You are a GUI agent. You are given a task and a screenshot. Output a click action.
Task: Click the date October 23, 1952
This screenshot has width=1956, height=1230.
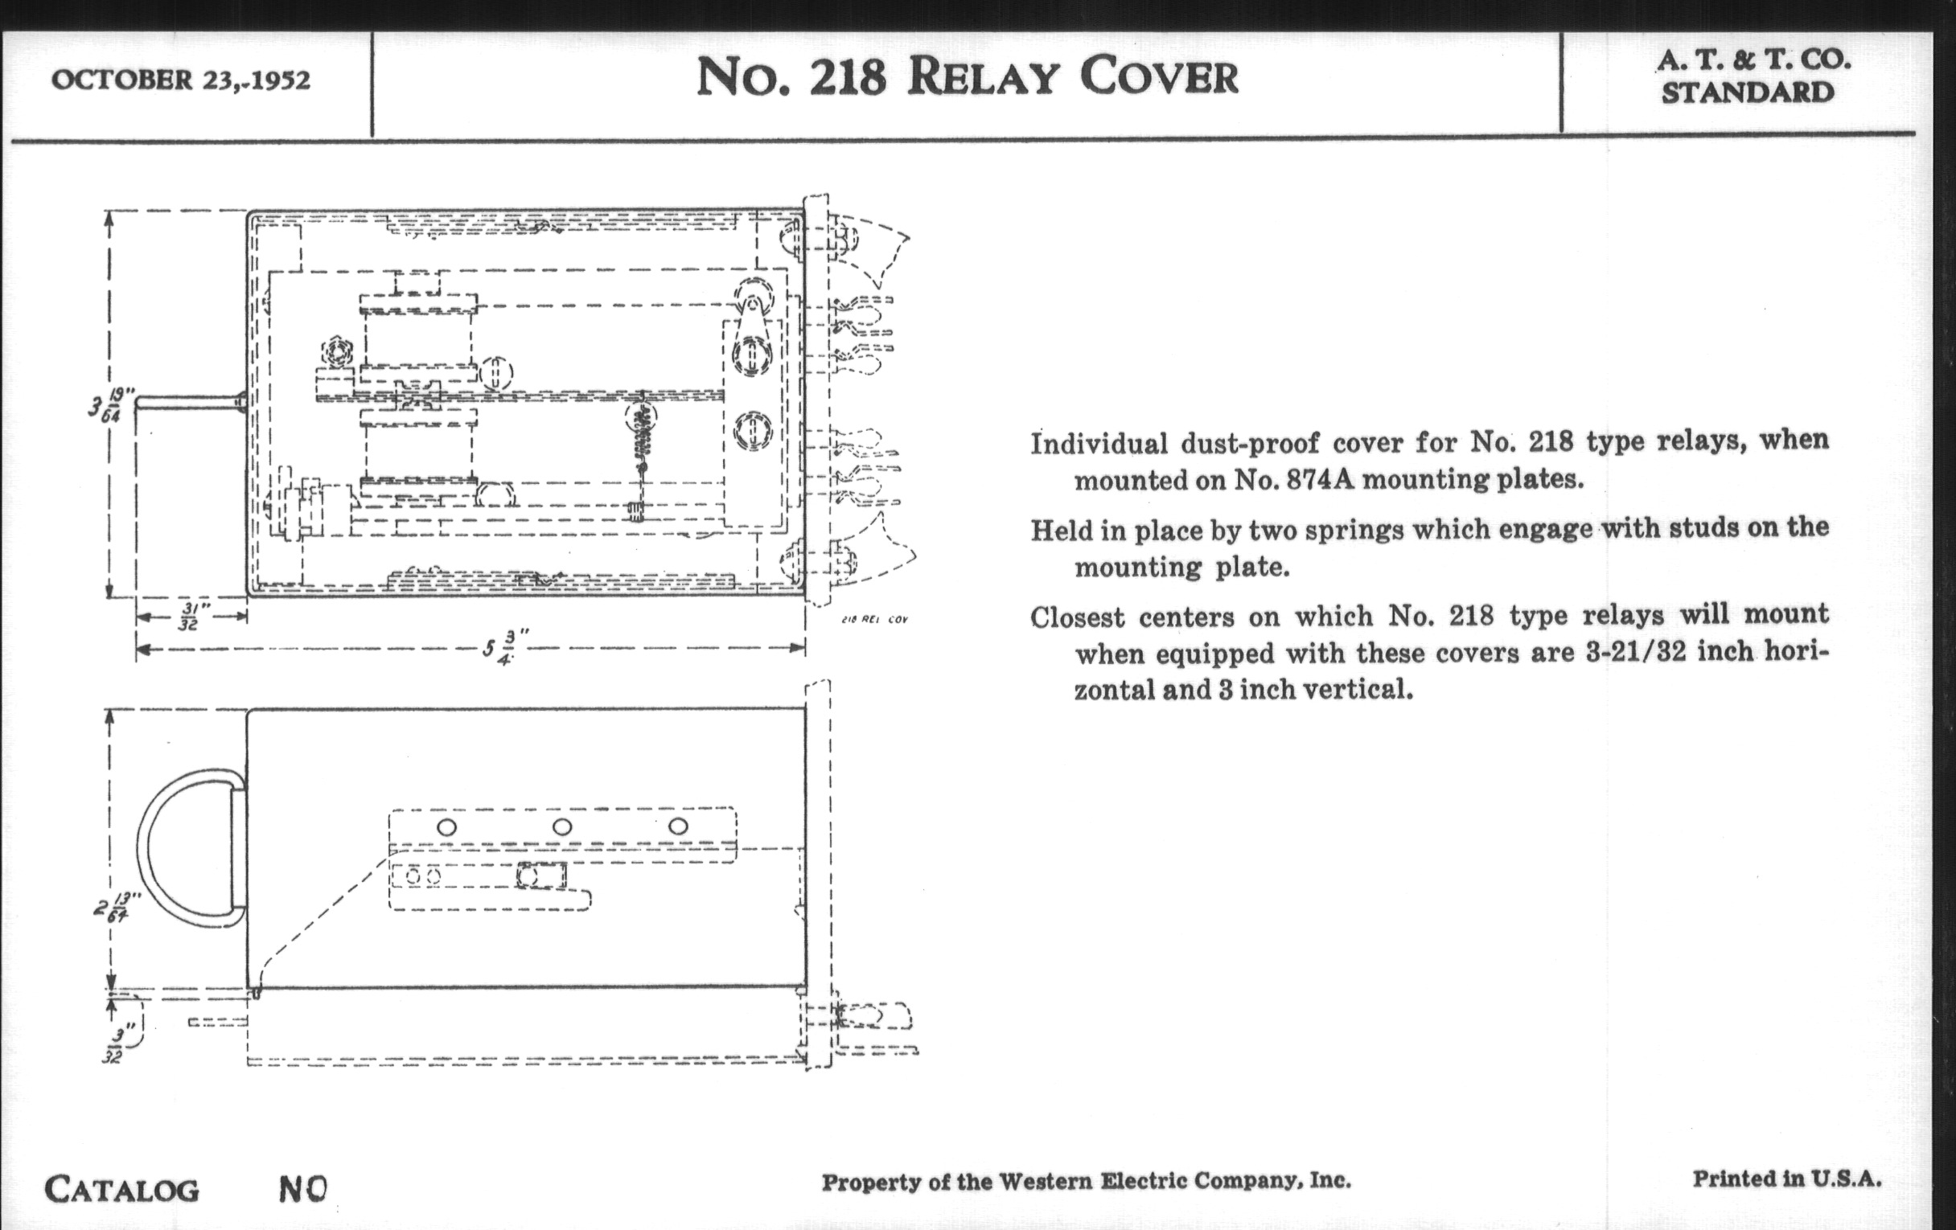pyautogui.click(x=180, y=80)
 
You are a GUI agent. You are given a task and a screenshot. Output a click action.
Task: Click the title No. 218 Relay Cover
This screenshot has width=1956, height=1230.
pyautogui.click(x=967, y=78)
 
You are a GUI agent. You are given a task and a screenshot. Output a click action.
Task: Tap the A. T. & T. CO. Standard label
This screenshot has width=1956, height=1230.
pyautogui.click(x=1753, y=76)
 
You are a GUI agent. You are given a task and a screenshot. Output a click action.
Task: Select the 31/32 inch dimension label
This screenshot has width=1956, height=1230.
pyautogui.click(x=188, y=617)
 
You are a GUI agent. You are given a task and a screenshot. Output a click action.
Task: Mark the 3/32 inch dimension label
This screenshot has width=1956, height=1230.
pyautogui.click(x=115, y=1046)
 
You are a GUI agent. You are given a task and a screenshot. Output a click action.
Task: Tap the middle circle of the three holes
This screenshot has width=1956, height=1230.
pyautogui.click(x=562, y=827)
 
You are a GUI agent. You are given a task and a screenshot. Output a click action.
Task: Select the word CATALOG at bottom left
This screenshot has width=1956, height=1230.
pyautogui.click(x=121, y=1191)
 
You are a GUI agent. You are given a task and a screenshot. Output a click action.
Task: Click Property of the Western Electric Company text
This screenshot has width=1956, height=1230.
pyautogui.click(x=1086, y=1181)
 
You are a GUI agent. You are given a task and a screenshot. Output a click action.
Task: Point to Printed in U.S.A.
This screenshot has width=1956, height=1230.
pyautogui.click(x=1787, y=1178)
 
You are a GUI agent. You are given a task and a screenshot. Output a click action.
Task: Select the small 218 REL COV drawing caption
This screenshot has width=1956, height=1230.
pyautogui.click(x=874, y=620)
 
